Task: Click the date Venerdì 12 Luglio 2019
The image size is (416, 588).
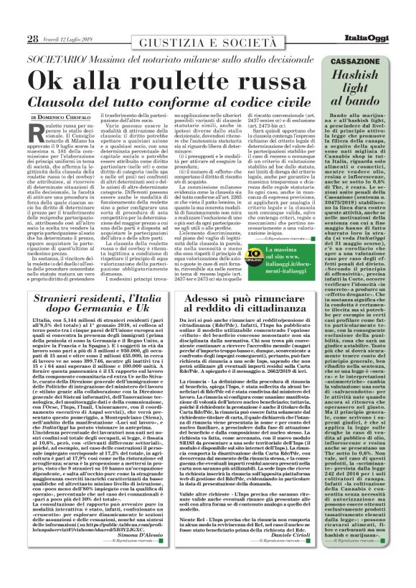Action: pyautogui.click(x=68, y=19)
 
